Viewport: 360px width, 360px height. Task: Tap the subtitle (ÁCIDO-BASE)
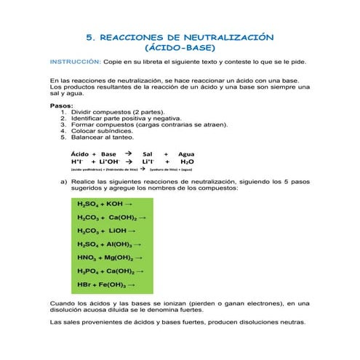click(180, 48)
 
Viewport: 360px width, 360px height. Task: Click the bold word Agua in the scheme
click(186, 154)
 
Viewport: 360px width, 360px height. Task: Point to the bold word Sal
click(148, 154)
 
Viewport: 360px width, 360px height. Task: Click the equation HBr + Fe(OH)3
click(106, 284)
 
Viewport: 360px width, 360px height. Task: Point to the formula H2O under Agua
click(187, 162)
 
